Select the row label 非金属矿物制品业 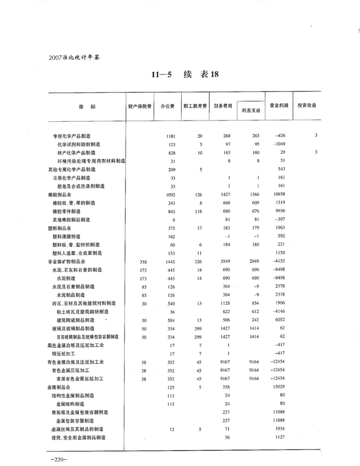coord(64,261)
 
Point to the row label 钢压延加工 coord(63,354)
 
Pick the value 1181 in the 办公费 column coord(171,136)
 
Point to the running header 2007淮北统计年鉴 coord(72,57)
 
